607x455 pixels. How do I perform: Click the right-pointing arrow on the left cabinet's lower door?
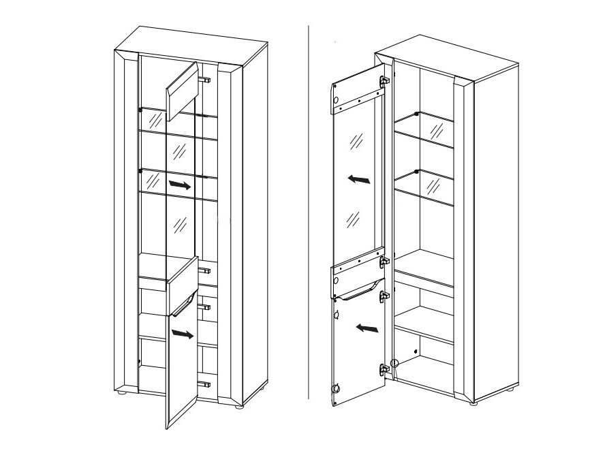click(x=182, y=334)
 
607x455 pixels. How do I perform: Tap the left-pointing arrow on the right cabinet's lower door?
click(x=368, y=329)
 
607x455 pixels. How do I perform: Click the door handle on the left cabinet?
click(x=184, y=304)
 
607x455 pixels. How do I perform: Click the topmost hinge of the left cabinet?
click(x=204, y=80)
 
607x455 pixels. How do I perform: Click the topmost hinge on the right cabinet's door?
click(x=384, y=81)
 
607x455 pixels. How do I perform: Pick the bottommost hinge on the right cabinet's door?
click(x=384, y=370)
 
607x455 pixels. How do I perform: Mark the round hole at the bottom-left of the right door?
click(x=334, y=390)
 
